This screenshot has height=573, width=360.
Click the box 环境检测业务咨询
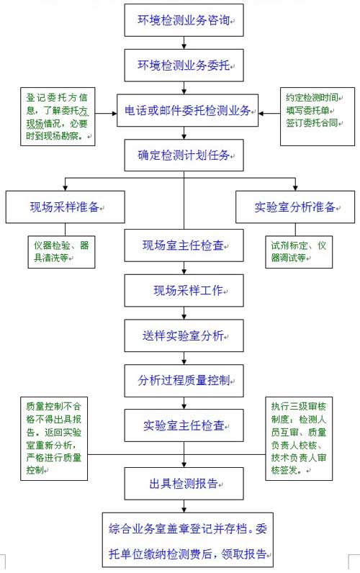[x=184, y=20]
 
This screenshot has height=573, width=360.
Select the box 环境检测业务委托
[x=184, y=66]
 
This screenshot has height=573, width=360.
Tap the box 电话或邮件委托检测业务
[x=187, y=110]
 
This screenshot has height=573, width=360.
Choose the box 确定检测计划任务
[x=184, y=155]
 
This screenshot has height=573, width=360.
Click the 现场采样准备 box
[x=65, y=207]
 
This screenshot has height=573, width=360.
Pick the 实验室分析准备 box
[x=295, y=207]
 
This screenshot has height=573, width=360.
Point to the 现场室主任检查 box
[x=184, y=245]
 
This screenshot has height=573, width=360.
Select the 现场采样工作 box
[x=184, y=291]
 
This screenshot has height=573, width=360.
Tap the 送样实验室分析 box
[x=184, y=335]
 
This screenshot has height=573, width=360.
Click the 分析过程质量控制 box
[x=184, y=380]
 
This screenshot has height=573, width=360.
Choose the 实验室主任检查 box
[x=184, y=425]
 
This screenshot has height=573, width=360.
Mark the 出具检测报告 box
[x=184, y=484]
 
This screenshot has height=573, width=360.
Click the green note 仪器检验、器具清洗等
[x=61, y=252]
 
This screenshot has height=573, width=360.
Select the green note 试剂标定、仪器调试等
[x=299, y=252]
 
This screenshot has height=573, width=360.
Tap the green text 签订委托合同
[x=312, y=123]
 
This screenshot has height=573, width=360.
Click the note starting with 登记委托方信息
[x=58, y=117]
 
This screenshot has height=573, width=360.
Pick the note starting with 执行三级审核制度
[x=299, y=438]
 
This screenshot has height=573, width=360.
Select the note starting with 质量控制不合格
[x=54, y=438]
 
